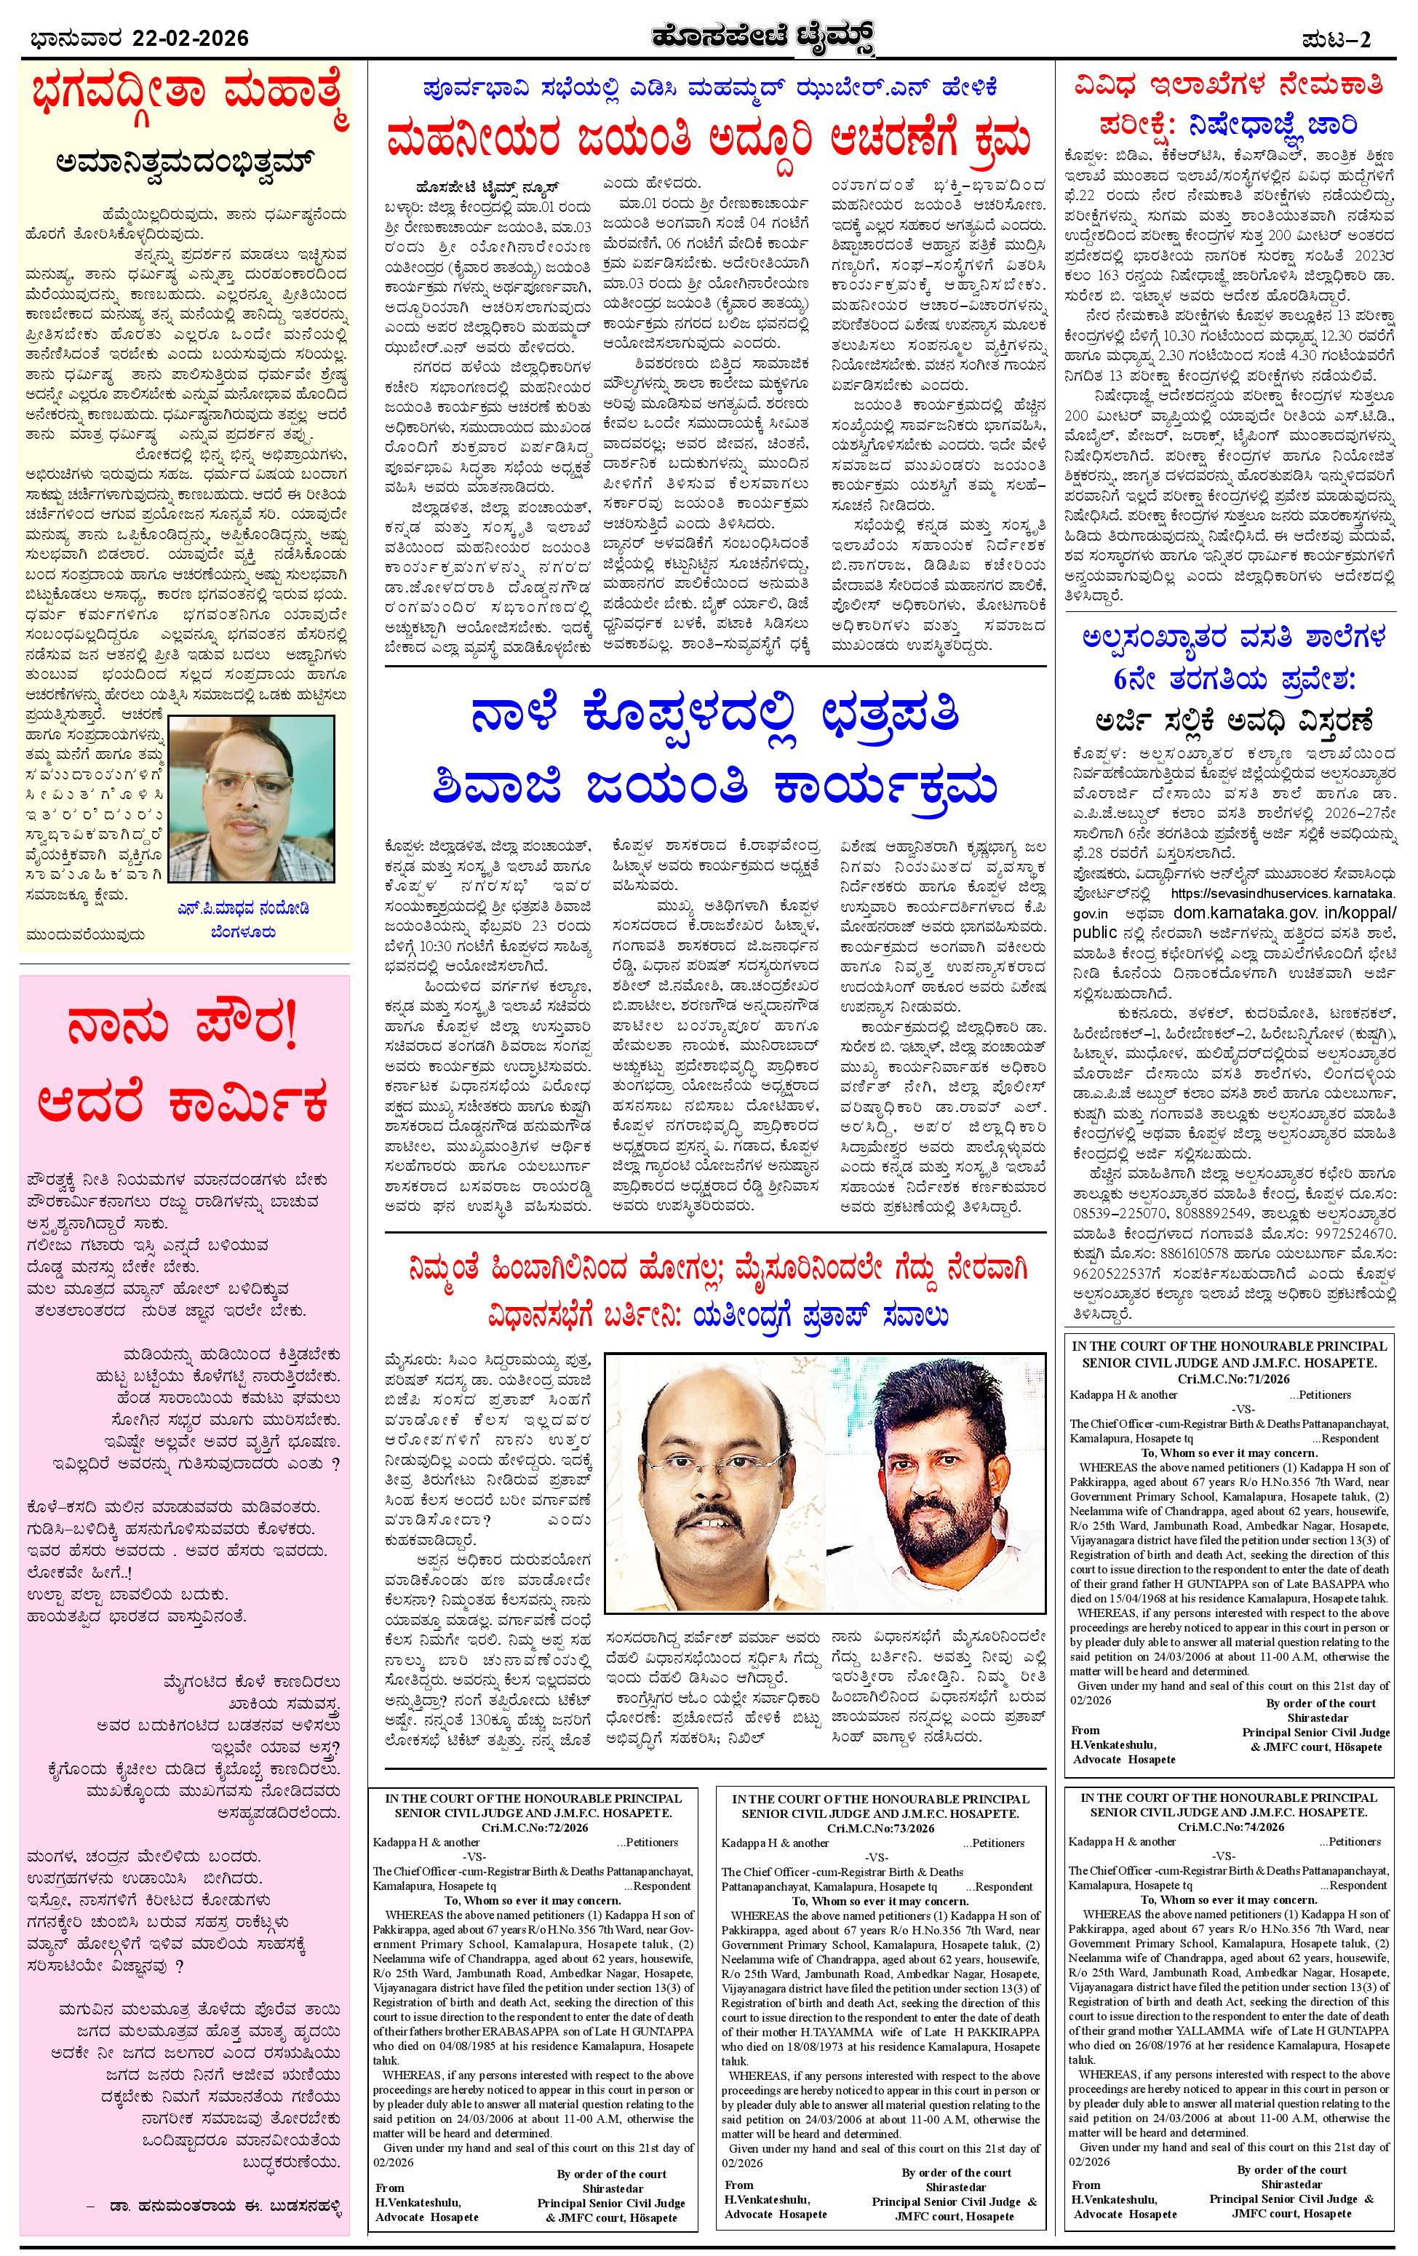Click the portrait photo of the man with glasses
pyautogui.click(x=252, y=800)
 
